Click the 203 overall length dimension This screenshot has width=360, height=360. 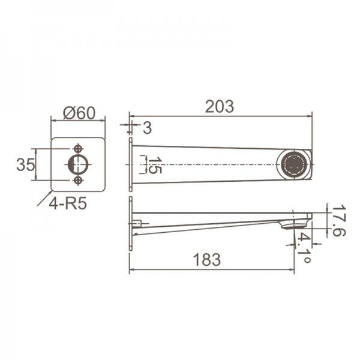219,106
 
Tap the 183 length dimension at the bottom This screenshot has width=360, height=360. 208,260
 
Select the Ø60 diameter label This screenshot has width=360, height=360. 78,112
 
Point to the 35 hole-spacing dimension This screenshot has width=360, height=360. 25,164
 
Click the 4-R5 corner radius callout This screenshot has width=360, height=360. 68,203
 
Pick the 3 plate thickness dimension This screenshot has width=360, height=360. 147,127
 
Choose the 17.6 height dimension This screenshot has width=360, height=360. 338,221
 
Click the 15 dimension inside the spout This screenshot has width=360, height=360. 154,166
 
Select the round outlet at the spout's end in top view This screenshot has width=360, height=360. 295,164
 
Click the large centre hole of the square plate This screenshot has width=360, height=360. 78,164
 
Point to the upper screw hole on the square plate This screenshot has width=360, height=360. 78,148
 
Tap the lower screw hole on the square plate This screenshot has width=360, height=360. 78,180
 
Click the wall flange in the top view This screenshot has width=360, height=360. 130,164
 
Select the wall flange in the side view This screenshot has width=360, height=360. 130,223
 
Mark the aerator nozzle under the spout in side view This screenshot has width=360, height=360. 290,226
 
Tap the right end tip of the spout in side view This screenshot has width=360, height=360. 310,217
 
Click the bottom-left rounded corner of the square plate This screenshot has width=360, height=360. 54,188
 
